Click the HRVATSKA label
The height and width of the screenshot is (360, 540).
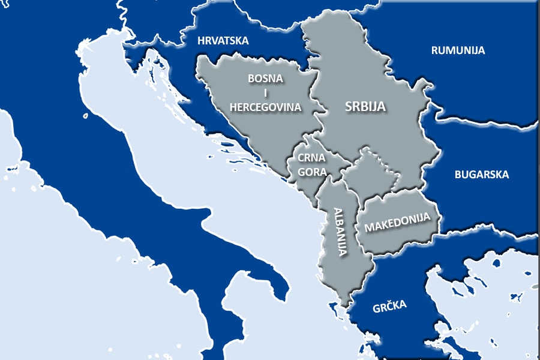pyautogui.click(x=223, y=41)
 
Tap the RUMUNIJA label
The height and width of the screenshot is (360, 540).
pyautogui.click(x=458, y=50)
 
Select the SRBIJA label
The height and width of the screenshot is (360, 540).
pyautogui.click(x=365, y=107)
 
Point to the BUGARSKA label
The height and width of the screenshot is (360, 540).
pyautogui.click(x=481, y=175)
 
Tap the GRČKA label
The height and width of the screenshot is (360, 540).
pyautogui.click(x=389, y=305)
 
